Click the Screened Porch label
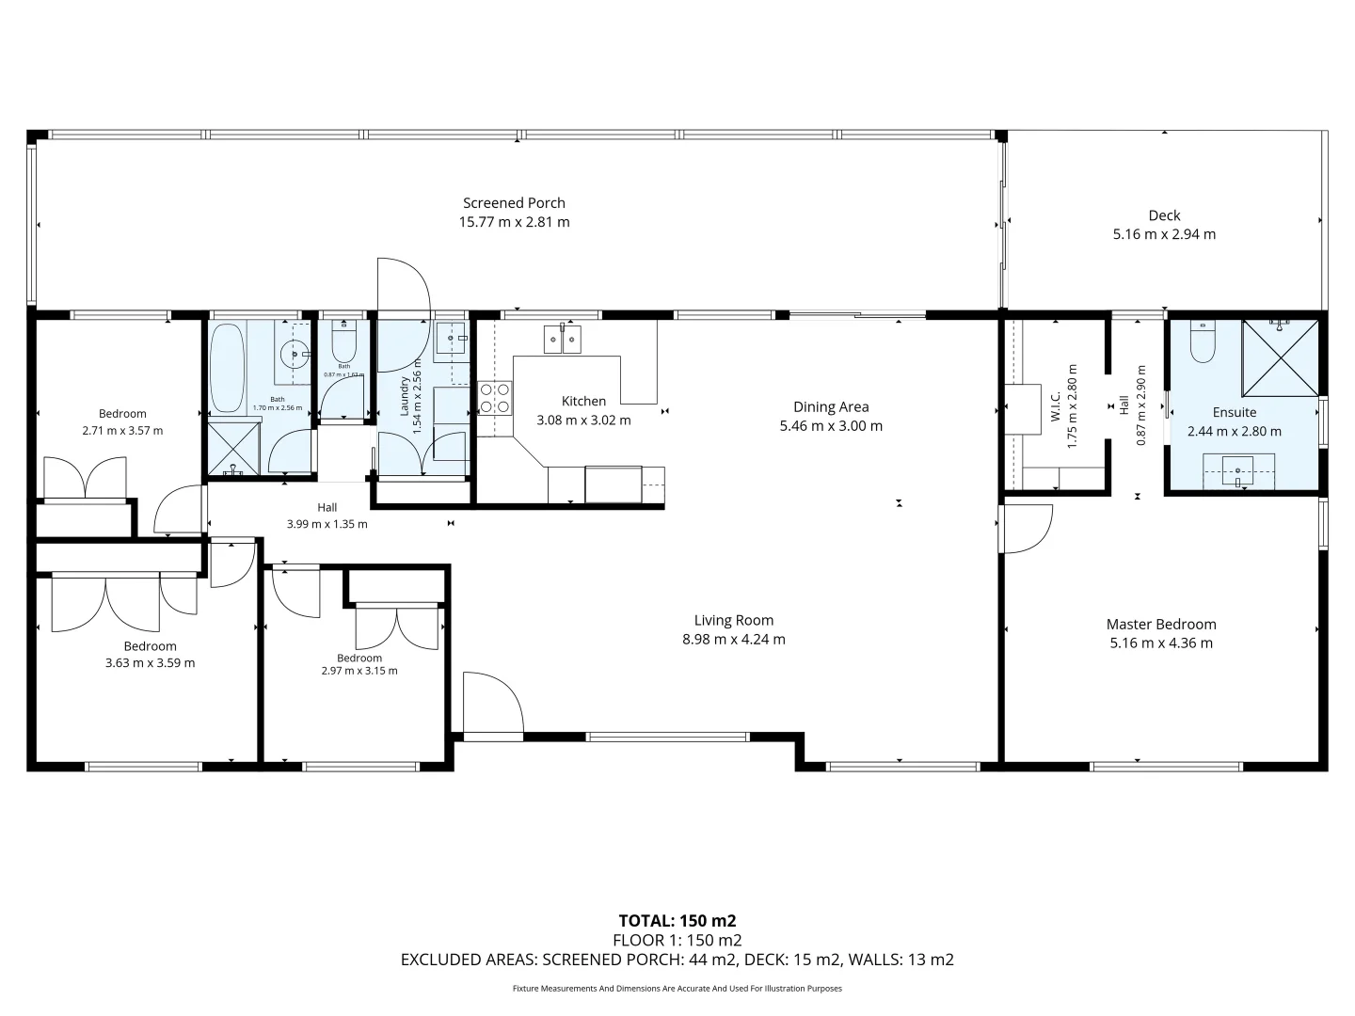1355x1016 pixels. (514, 203)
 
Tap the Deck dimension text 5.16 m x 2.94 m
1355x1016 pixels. (1164, 234)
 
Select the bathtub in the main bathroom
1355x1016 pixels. (227, 368)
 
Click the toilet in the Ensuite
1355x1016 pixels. (1204, 341)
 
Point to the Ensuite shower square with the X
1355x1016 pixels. (1280, 358)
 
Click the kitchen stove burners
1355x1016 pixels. (495, 398)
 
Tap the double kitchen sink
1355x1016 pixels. (562, 339)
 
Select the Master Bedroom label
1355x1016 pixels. (1161, 625)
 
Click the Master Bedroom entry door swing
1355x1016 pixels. (1026, 529)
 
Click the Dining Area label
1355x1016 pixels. (831, 407)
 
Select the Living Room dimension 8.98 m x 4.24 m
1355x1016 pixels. (734, 640)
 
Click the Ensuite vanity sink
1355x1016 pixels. (1239, 470)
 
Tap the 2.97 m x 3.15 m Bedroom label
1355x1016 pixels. (359, 664)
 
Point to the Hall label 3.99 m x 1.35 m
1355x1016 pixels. (327, 516)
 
